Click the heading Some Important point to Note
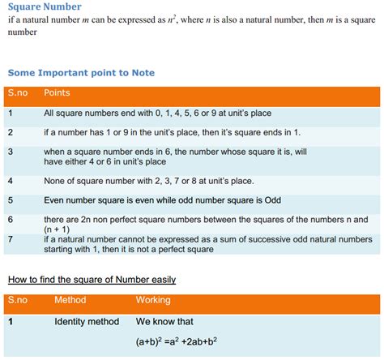click(x=81, y=73)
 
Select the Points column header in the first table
click(x=57, y=93)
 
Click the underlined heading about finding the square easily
click(x=92, y=280)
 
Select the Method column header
click(x=70, y=300)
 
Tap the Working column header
click(x=153, y=300)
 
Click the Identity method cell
click(x=87, y=322)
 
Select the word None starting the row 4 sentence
click(x=56, y=180)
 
